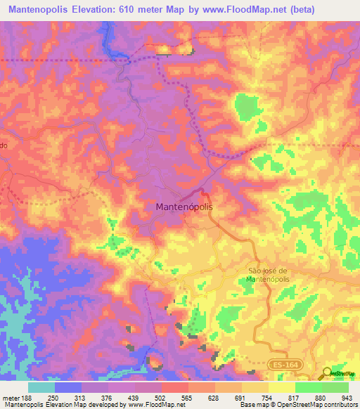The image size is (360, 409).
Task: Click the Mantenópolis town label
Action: click(x=183, y=208)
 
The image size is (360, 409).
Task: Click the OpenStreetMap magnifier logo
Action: click(x=327, y=374)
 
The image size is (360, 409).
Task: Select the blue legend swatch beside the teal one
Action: click(x=67, y=387)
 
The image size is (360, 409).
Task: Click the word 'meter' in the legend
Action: click(x=11, y=397)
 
